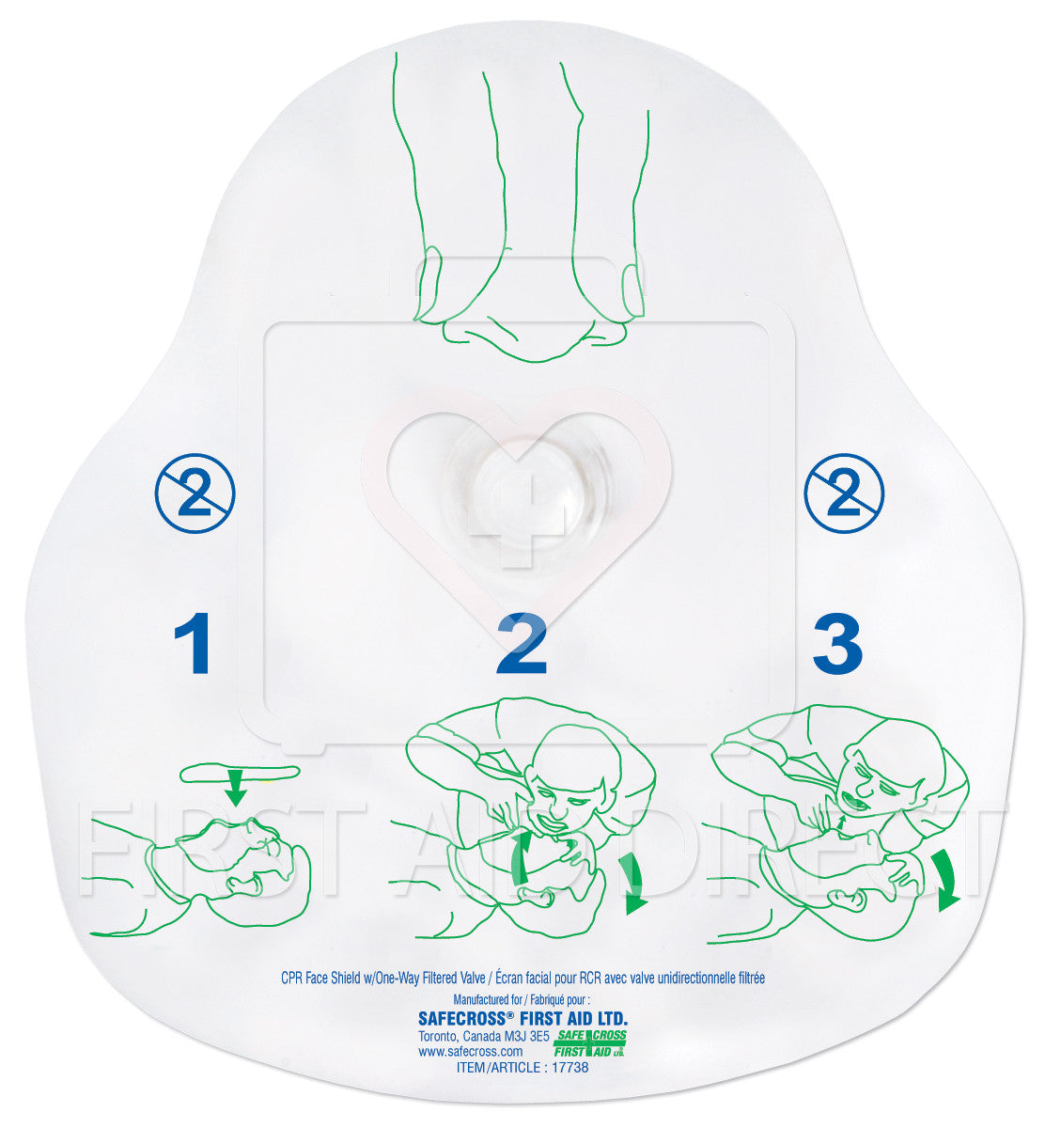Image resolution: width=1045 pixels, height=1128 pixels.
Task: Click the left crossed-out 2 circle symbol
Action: click(195, 493)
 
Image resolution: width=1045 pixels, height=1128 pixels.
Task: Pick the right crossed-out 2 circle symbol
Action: click(844, 493)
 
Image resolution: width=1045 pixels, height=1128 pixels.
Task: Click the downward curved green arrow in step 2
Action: click(633, 884)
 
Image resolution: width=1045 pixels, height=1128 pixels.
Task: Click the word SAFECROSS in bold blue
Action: click(460, 1017)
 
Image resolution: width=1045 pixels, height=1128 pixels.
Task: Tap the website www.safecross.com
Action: click(462, 1051)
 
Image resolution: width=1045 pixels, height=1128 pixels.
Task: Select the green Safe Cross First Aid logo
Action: click(589, 1042)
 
